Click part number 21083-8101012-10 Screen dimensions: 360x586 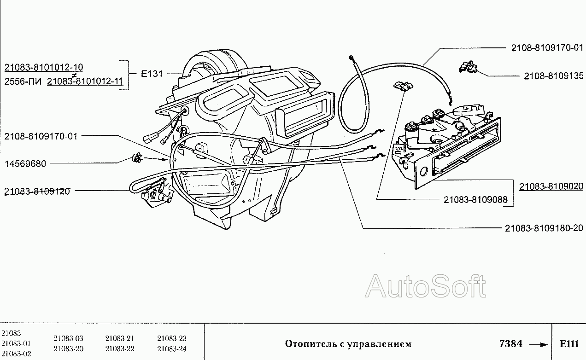point(43,68)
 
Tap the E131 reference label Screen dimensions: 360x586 point(152,74)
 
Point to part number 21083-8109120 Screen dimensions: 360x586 point(37,191)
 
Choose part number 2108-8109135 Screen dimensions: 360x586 point(553,76)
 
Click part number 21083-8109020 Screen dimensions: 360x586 point(551,186)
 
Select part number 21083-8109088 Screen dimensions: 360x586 point(475,200)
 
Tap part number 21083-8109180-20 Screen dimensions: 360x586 point(544,228)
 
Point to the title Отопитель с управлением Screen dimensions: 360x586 point(348,344)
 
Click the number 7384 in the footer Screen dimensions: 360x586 point(510,344)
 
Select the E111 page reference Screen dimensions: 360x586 point(569,344)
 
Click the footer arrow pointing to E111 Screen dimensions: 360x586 point(539,344)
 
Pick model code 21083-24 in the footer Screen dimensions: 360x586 point(171,348)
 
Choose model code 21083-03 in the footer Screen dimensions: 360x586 point(68,338)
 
